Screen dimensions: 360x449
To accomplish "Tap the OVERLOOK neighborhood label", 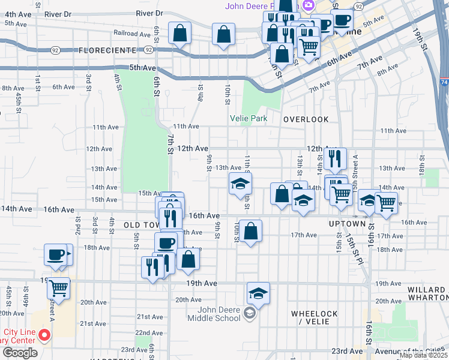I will click(306, 119).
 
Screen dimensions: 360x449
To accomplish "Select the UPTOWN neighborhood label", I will click(347, 223).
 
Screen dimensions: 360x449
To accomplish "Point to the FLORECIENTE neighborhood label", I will click(106, 52).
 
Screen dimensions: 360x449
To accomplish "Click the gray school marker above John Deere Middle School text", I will click(249, 313).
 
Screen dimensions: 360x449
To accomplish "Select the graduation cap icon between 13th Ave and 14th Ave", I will click(240, 183).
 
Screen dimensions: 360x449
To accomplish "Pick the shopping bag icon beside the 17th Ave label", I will click(252, 230).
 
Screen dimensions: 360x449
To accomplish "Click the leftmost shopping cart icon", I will click(59, 288).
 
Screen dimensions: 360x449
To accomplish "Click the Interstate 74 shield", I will click(444, 83).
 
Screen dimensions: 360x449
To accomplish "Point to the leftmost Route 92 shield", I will click(55, 50).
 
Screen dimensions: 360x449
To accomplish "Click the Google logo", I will click(20, 353).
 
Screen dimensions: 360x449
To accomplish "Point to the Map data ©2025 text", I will click(423, 355).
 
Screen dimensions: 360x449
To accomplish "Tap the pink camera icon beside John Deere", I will click(309, 5).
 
